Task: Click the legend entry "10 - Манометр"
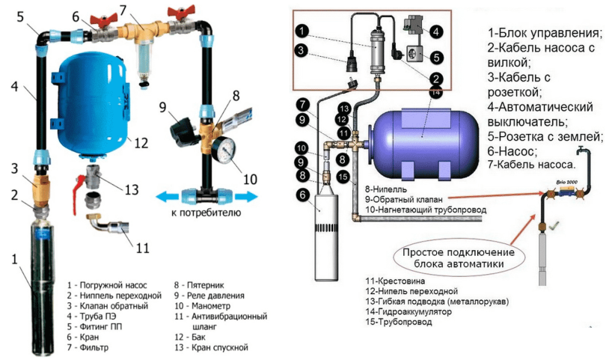click(x=206, y=305)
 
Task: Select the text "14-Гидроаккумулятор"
click(x=408, y=311)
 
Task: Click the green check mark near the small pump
click(x=553, y=224)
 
